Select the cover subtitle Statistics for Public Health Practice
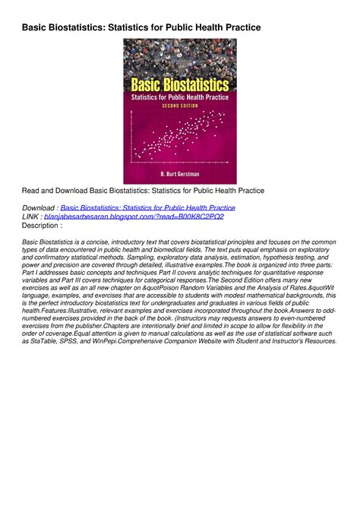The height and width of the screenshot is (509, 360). click(x=179, y=96)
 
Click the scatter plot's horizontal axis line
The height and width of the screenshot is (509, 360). click(x=179, y=164)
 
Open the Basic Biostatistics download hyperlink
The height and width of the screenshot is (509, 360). click(x=147, y=207)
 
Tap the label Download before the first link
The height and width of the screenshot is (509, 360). click(x=38, y=207)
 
